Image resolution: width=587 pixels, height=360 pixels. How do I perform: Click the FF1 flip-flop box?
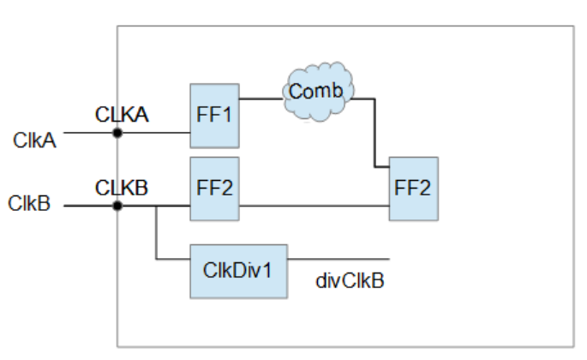(214, 116)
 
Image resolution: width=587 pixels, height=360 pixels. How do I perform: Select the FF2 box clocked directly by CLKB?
(214, 187)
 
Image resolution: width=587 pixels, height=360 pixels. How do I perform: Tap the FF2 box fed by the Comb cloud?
(413, 188)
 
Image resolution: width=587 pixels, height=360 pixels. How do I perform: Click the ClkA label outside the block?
(35, 141)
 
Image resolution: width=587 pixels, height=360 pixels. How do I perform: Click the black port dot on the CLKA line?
(117, 133)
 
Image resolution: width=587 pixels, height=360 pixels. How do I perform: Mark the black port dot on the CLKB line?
(117, 206)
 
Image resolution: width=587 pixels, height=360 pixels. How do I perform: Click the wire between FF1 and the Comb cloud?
(261, 98)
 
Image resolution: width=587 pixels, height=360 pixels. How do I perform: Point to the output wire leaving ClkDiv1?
(338, 258)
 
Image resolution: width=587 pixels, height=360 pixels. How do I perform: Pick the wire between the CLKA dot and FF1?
(154, 133)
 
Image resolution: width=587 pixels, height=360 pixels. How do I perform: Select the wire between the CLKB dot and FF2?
(171, 206)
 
